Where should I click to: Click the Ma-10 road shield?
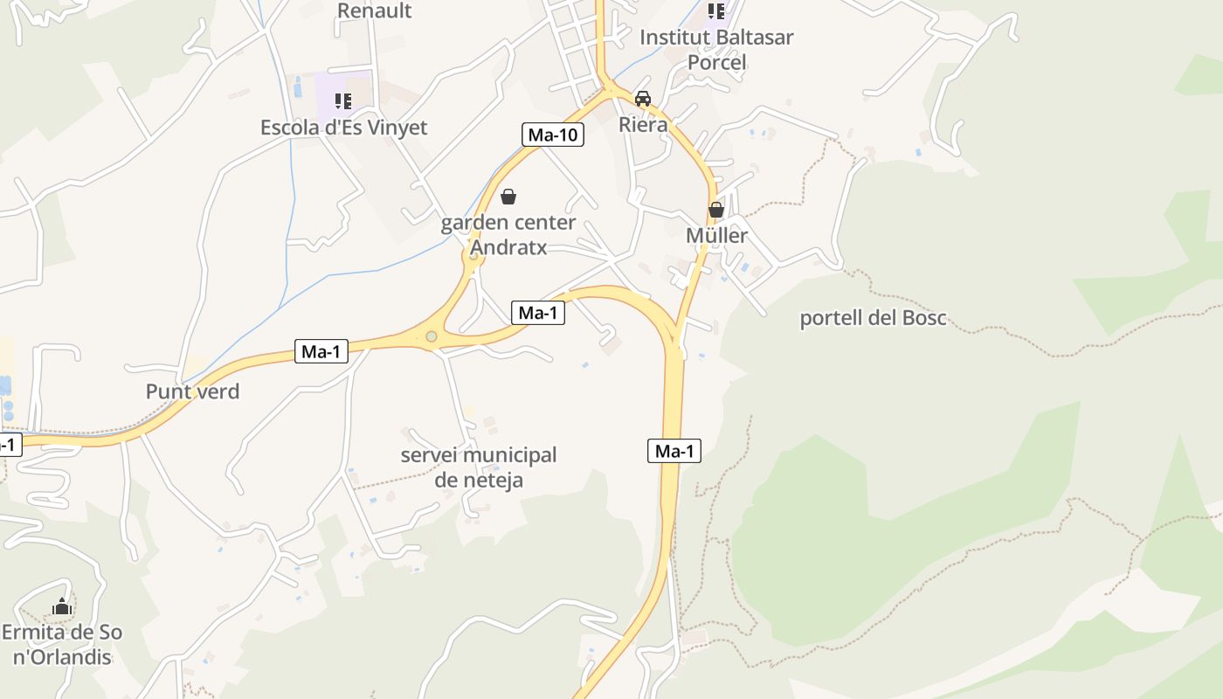click(x=553, y=135)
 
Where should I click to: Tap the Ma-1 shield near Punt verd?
click(x=321, y=351)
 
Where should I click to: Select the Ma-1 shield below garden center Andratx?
click(x=537, y=313)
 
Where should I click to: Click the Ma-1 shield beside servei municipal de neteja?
click(x=674, y=451)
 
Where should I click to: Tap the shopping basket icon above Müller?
click(x=716, y=210)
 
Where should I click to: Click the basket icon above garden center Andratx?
click(x=508, y=197)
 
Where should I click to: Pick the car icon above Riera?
click(x=643, y=99)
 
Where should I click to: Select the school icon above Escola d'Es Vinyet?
click(x=343, y=101)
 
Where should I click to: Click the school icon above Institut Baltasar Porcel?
click(x=716, y=11)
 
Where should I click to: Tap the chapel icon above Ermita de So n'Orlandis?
click(x=61, y=606)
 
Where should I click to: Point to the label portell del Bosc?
click(x=873, y=318)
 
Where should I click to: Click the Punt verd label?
click(x=192, y=391)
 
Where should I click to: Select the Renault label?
click(x=374, y=10)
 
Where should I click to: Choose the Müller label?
click(x=716, y=235)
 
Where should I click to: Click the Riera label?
click(x=643, y=124)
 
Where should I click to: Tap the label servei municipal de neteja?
click(x=479, y=467)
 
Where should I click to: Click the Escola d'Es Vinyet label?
click(x=343, y=128)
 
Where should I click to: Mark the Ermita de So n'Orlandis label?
click(x=61, y=644)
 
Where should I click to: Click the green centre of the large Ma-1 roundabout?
click(x=431, y=336)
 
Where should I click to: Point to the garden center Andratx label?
click(x=508, y=235)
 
